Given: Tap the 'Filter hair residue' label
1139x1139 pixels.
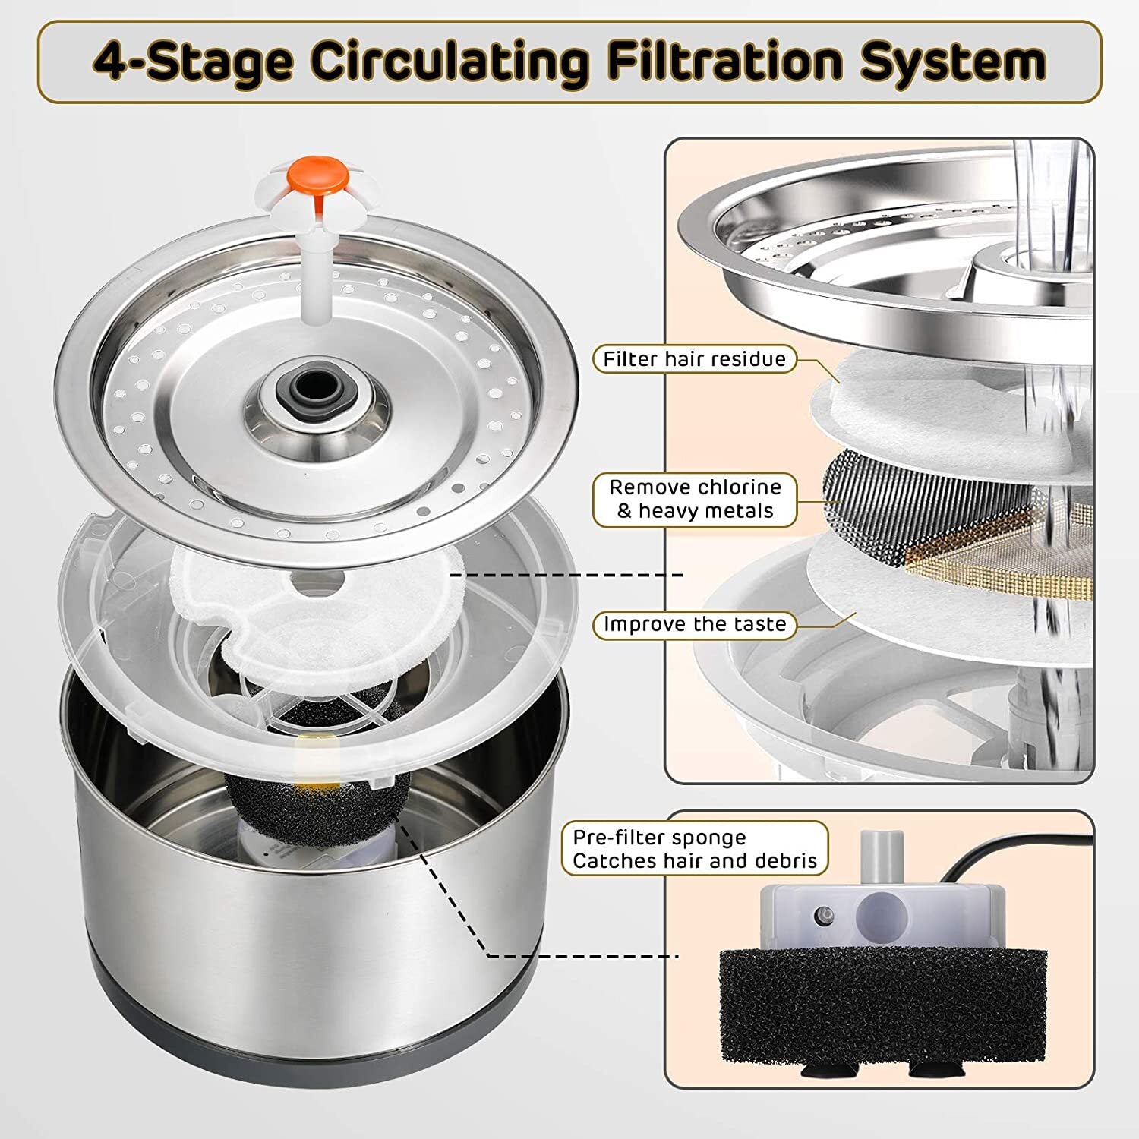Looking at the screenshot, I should (694, 359).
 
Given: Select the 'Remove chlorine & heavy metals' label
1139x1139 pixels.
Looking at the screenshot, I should (694, 499).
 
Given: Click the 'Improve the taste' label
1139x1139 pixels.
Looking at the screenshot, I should (694, 625).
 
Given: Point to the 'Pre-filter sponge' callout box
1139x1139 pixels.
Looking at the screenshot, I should (694, 849).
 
